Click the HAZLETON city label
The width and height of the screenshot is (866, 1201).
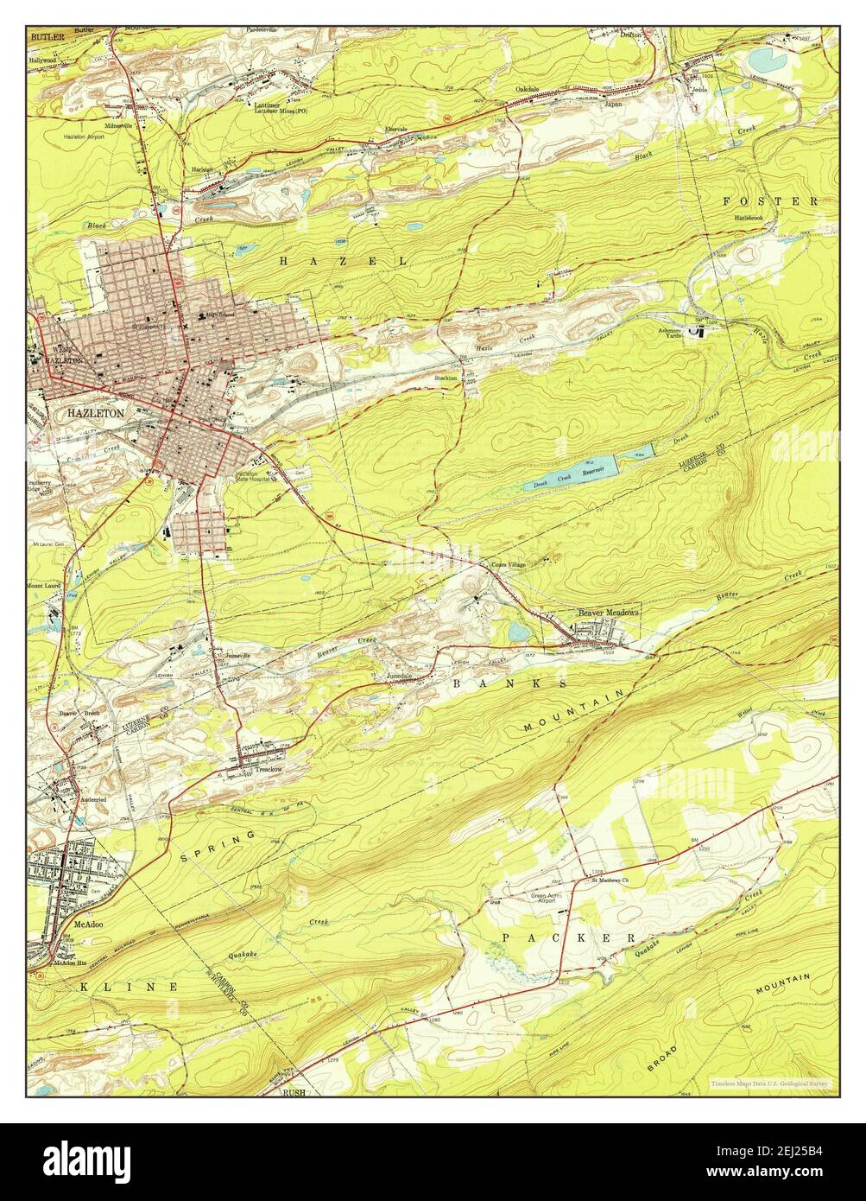pyautogui.click(x=95, y=413)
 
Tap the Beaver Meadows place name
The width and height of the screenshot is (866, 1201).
pyautogui.click(x=609, y=612)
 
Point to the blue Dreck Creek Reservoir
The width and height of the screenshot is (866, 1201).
pyautogui.click(x=570, y=476)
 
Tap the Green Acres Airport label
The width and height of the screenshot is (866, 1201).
pyautogui.click(x=549, y=899)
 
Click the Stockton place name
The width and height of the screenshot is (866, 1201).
pyautogui.click(x=446, y=378)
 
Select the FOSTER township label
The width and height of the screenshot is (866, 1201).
pyautogui.click(x=769, y=200)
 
